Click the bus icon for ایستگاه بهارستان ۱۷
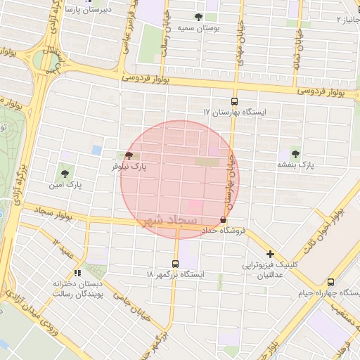(x=234, y=101)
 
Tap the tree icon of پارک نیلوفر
(x=128, y=156)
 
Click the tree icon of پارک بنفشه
(x=294, y=153)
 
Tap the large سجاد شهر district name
(x=169, y=221)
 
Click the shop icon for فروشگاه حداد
(x=223, y=220)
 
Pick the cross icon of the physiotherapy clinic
(x=269, y=254)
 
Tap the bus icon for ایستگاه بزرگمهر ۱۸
(x=174, y=264)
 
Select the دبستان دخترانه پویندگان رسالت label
(x=78, y=289)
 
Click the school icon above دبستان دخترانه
(x=77, y=273)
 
